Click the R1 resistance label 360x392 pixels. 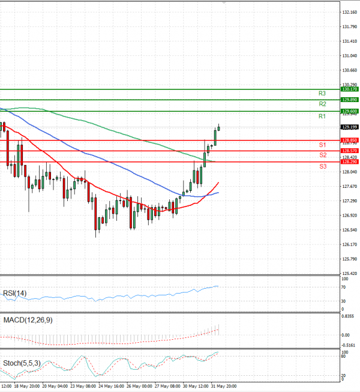(x=322, y=115)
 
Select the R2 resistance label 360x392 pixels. (x=322, y=104)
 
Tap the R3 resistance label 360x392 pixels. (x=322, y=94)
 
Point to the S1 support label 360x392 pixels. (x=322, y=145)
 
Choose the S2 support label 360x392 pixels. (x=322, y=155)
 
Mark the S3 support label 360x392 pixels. (x=322, y=166)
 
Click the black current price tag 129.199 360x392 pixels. (x=349, y=127)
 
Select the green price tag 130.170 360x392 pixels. (x=349, y=89)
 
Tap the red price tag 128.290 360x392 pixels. (x=349, y=162)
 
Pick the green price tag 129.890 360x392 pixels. (x=349, y=100)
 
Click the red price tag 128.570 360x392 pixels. (x=349, y=151)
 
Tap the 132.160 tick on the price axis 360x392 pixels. (x=349, y=12)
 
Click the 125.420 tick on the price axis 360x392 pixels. (x=349, y=273)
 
